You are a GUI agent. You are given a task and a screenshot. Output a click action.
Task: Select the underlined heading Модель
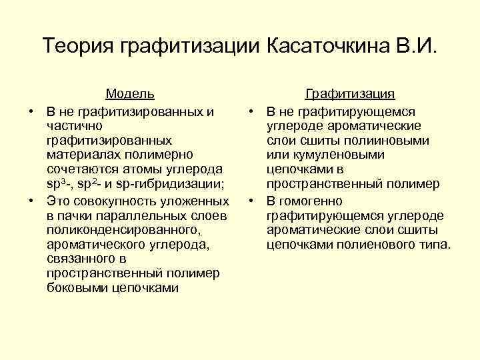130,95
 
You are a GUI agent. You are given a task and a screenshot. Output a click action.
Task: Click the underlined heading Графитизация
350,95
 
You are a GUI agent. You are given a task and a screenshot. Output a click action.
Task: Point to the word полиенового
389,245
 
